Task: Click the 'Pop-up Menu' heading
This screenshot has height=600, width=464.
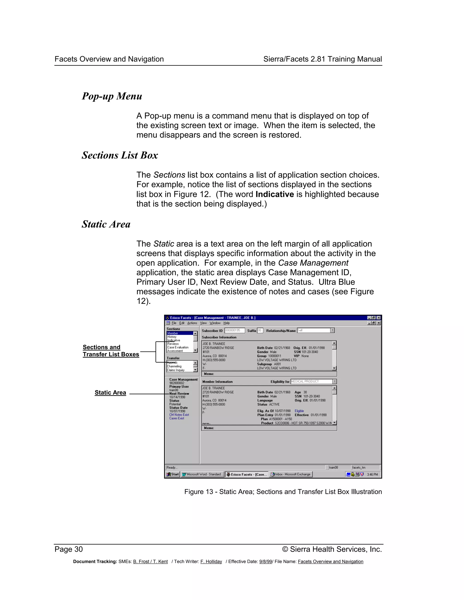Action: pos(112,96)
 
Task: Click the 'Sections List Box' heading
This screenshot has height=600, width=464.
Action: pos(120,155)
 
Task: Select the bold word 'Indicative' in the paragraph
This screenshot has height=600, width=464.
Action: pos(275,194)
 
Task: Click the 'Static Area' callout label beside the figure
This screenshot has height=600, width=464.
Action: pos(110,393)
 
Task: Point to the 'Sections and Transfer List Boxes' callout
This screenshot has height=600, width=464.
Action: pos(111,351)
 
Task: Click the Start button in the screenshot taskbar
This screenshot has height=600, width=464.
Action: pos(173,474)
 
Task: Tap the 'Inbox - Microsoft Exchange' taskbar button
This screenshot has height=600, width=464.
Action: pos(291,474)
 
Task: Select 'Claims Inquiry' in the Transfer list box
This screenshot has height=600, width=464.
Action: pos(176,370)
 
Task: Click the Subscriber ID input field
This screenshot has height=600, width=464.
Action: pos(234,331)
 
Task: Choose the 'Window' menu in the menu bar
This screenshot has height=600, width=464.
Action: pos(215,323)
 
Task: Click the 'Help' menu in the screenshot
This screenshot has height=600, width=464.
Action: pos(227,323)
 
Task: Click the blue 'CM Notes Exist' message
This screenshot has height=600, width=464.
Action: pos(179,415)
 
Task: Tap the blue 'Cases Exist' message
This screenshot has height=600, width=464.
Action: pos(177,418)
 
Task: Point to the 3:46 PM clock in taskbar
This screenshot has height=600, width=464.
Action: pos(372,474)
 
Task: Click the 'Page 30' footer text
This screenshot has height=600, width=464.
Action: pos(68,549)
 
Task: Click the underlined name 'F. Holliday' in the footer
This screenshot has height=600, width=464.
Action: pos(211,562)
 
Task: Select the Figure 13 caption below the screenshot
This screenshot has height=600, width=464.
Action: pos(283,492)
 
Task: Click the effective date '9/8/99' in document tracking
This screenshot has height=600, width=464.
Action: pos(265,562)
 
